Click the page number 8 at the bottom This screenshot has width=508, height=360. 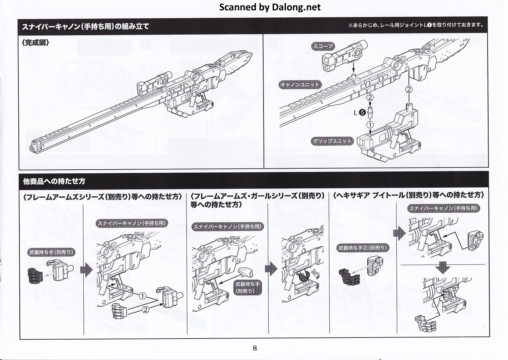pos(255,348)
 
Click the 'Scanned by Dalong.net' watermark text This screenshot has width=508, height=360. pos(270,7)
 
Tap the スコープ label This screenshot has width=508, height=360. pos(323,47)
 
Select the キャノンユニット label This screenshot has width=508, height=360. pos(300,85)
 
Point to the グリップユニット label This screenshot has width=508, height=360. pos(333,141)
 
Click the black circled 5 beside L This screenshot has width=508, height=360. pos(362,113)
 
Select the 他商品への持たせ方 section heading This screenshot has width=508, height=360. pos(54,181)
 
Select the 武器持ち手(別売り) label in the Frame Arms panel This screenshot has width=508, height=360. pos(52,252)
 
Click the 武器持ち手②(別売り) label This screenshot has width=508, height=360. pos(362,248)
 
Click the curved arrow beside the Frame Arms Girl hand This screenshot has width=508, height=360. pos(315,274)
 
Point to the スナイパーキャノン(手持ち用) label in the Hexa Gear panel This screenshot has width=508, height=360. pos(443,208)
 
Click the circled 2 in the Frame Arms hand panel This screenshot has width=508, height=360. pos(145,310)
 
